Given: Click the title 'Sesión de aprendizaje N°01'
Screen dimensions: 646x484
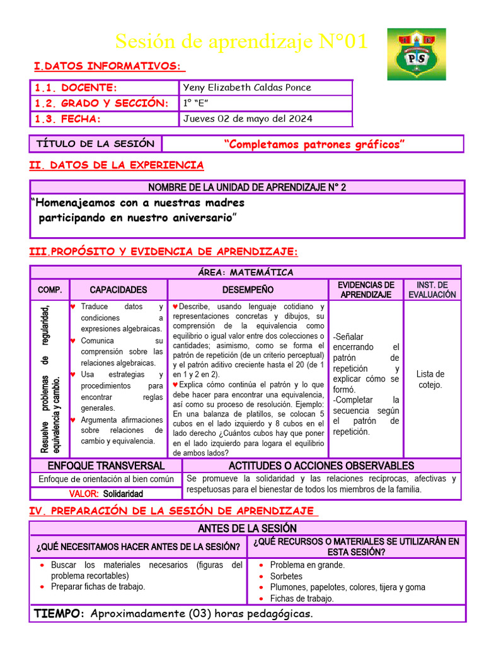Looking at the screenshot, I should [x=240, y=42].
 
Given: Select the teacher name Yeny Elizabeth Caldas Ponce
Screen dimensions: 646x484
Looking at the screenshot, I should [x=247, y=88].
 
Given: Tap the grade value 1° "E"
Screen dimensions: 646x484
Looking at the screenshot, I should [x=196, y=103].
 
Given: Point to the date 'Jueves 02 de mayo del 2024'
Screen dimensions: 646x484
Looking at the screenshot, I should [x=248, y=119].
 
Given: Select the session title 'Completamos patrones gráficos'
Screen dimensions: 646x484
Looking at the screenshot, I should [x=314, y=144].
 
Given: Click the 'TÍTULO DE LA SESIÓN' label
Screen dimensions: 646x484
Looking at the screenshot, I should [x=95, y=144].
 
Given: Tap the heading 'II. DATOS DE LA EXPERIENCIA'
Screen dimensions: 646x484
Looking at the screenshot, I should [x=117, y=165].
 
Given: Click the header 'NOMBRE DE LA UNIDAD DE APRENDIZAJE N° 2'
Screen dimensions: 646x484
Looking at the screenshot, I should [x=247, y=187].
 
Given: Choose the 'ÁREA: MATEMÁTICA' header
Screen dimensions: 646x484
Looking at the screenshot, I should [x=246, y=273].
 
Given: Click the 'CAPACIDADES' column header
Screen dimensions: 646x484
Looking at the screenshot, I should [x=118, y=290].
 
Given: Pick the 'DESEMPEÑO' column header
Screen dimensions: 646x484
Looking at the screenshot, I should [x=248, y=290].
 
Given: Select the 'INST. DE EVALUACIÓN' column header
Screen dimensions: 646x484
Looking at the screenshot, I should [x=432, y=290].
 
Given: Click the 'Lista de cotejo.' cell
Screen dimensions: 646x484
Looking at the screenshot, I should [x=430, y=379].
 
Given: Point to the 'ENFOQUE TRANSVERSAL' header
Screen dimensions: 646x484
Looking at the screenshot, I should [x=106, y=466].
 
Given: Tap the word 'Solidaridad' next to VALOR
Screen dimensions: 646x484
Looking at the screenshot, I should [x=125, y=493].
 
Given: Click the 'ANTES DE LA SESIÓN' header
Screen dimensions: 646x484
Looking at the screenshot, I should [x=247, y=528].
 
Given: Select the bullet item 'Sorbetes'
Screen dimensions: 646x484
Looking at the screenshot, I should [x=286, y=576].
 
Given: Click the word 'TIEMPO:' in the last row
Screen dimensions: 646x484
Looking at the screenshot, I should [x=59, y=614].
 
